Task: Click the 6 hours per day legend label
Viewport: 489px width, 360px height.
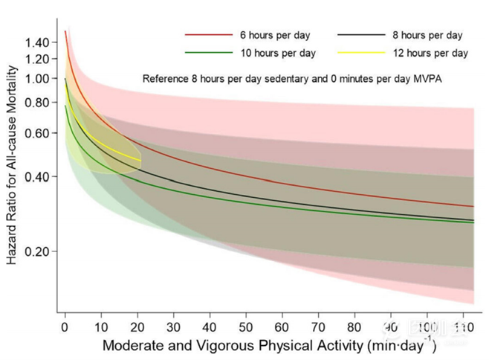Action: tap(274, 35)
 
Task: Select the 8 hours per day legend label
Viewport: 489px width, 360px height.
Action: tap(427, 35)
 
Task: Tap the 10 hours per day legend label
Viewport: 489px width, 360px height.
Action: tap(277, 53)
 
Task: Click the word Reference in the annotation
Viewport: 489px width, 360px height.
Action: tap(166, 77)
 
